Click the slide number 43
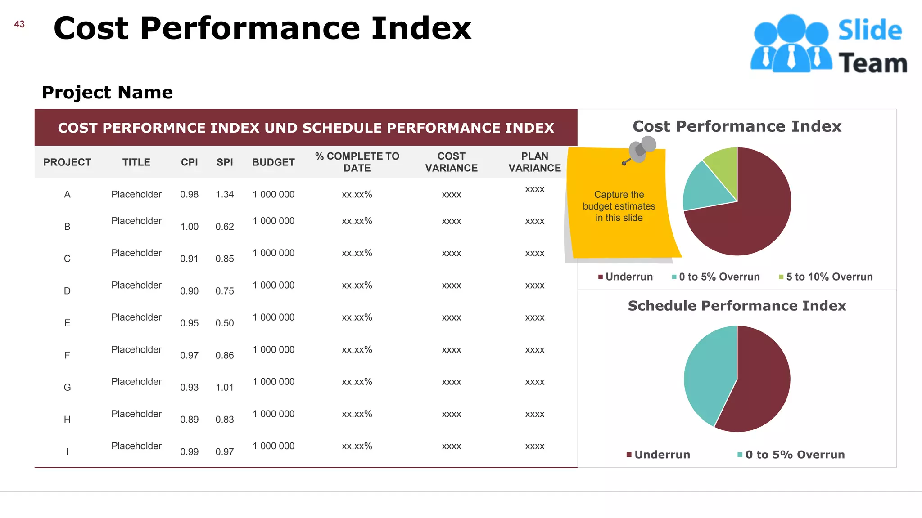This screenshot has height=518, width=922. click(x=19, y=24)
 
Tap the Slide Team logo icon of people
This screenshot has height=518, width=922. click(x=791, y=44)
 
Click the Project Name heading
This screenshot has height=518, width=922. click(x=107, y=93)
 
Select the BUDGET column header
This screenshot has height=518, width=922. click(x=273, y=162)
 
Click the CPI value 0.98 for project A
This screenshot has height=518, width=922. click(x=189, y=195)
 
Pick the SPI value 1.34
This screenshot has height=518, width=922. click(x=225, y=195)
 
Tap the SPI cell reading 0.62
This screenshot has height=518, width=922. click(x=225, y=227)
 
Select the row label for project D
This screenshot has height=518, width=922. click(x=67, y=291)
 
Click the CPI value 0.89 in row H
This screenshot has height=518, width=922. click(x=189, y=420)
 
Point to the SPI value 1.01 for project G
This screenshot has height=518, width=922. click(x=225, y=388)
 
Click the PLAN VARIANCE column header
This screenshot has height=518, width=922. click(x=534, y=162)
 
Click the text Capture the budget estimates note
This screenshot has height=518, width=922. click(x=619, y=206)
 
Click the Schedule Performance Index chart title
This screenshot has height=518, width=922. click(x=737, y=306)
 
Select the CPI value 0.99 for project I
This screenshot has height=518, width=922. click(x=189, y=452)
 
